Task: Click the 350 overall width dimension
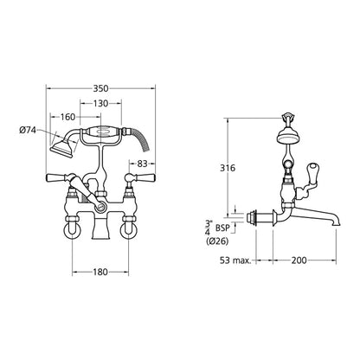tap(100, 88)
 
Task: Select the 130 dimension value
tap(100, 103)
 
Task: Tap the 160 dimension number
tap(67, 117)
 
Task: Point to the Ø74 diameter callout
tap(28, 131)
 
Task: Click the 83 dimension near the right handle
tap(142, 164)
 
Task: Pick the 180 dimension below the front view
tap(100, 272)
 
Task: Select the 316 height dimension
tap(228, 168)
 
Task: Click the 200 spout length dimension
tap(299, 260)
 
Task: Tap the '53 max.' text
tap(235, 260)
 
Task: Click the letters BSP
tap(222, 228)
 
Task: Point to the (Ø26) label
tap(217, 241)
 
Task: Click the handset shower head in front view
tap(62, 149)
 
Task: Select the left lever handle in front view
tap(58, 177)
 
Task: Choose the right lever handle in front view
tap(144, 177)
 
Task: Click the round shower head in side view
tap(287, 137)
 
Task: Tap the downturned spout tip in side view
tap(337, 222)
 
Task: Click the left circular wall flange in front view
tap(72, 230)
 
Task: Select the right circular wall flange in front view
tap(129, 230)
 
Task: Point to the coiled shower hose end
tap(145, 150)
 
